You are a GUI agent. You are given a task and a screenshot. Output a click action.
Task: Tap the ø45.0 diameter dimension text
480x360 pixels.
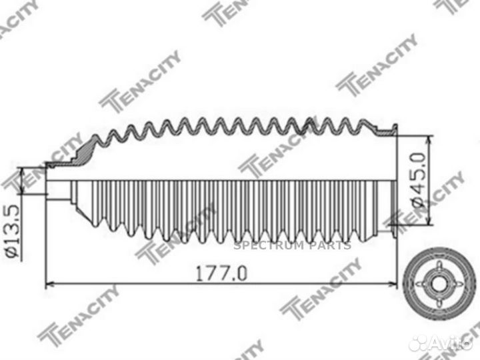(x=417, y=181)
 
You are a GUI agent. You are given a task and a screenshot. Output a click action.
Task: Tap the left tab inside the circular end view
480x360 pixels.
(x=423, y=281)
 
